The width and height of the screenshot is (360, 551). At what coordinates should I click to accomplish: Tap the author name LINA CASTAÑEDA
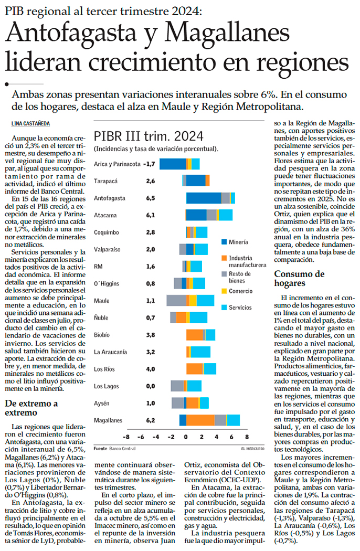click(33, 123)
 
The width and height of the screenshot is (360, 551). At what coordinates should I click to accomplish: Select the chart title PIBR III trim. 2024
click(149, 136)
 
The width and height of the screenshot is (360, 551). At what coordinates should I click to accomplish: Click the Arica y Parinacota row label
click(117, 164)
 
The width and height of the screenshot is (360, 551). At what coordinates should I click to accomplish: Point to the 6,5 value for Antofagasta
click(150, 198)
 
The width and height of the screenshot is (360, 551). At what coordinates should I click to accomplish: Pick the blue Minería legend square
click(224, 242)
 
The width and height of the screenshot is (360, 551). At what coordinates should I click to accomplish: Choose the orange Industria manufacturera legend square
click(224, 258)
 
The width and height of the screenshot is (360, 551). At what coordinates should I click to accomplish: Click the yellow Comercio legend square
click(224, 291)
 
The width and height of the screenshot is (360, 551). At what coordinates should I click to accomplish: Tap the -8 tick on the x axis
click(126, 437)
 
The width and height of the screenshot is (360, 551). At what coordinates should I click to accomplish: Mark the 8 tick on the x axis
click(246, 437)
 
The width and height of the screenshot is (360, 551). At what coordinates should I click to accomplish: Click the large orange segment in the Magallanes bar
click(200, 420)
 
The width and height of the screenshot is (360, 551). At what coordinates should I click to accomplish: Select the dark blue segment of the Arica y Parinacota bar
click(173, 164)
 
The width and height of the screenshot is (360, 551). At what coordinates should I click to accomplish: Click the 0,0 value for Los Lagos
click(150, 386)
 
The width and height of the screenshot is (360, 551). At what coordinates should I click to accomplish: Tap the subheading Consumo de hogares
click(299, 279)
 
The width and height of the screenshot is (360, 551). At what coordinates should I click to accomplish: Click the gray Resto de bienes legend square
click(224, 274)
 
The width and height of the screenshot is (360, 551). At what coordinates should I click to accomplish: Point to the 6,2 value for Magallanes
click(150, 420)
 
